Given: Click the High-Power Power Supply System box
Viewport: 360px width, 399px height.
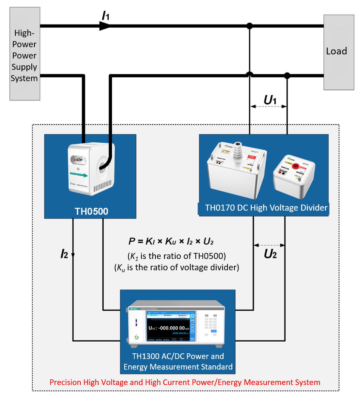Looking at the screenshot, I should (x=25, y=56).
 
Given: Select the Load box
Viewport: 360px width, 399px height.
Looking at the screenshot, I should (x=338, y=52).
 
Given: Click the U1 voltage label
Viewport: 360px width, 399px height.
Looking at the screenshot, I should (x=270, y=100).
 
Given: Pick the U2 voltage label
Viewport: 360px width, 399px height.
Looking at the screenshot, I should (x=270, y=254).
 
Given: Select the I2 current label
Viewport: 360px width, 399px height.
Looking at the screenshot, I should (x=64, y=254).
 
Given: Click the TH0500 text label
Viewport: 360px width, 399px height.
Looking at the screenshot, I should (x=91, y=211).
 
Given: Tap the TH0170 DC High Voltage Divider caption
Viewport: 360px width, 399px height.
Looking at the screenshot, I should (x=266, y=208).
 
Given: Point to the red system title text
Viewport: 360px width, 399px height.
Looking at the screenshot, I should (x=185, y=382).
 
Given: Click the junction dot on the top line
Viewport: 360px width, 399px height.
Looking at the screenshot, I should (x=249, y=26).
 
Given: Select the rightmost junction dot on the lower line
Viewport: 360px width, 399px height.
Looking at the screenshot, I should (x=287, y=75).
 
